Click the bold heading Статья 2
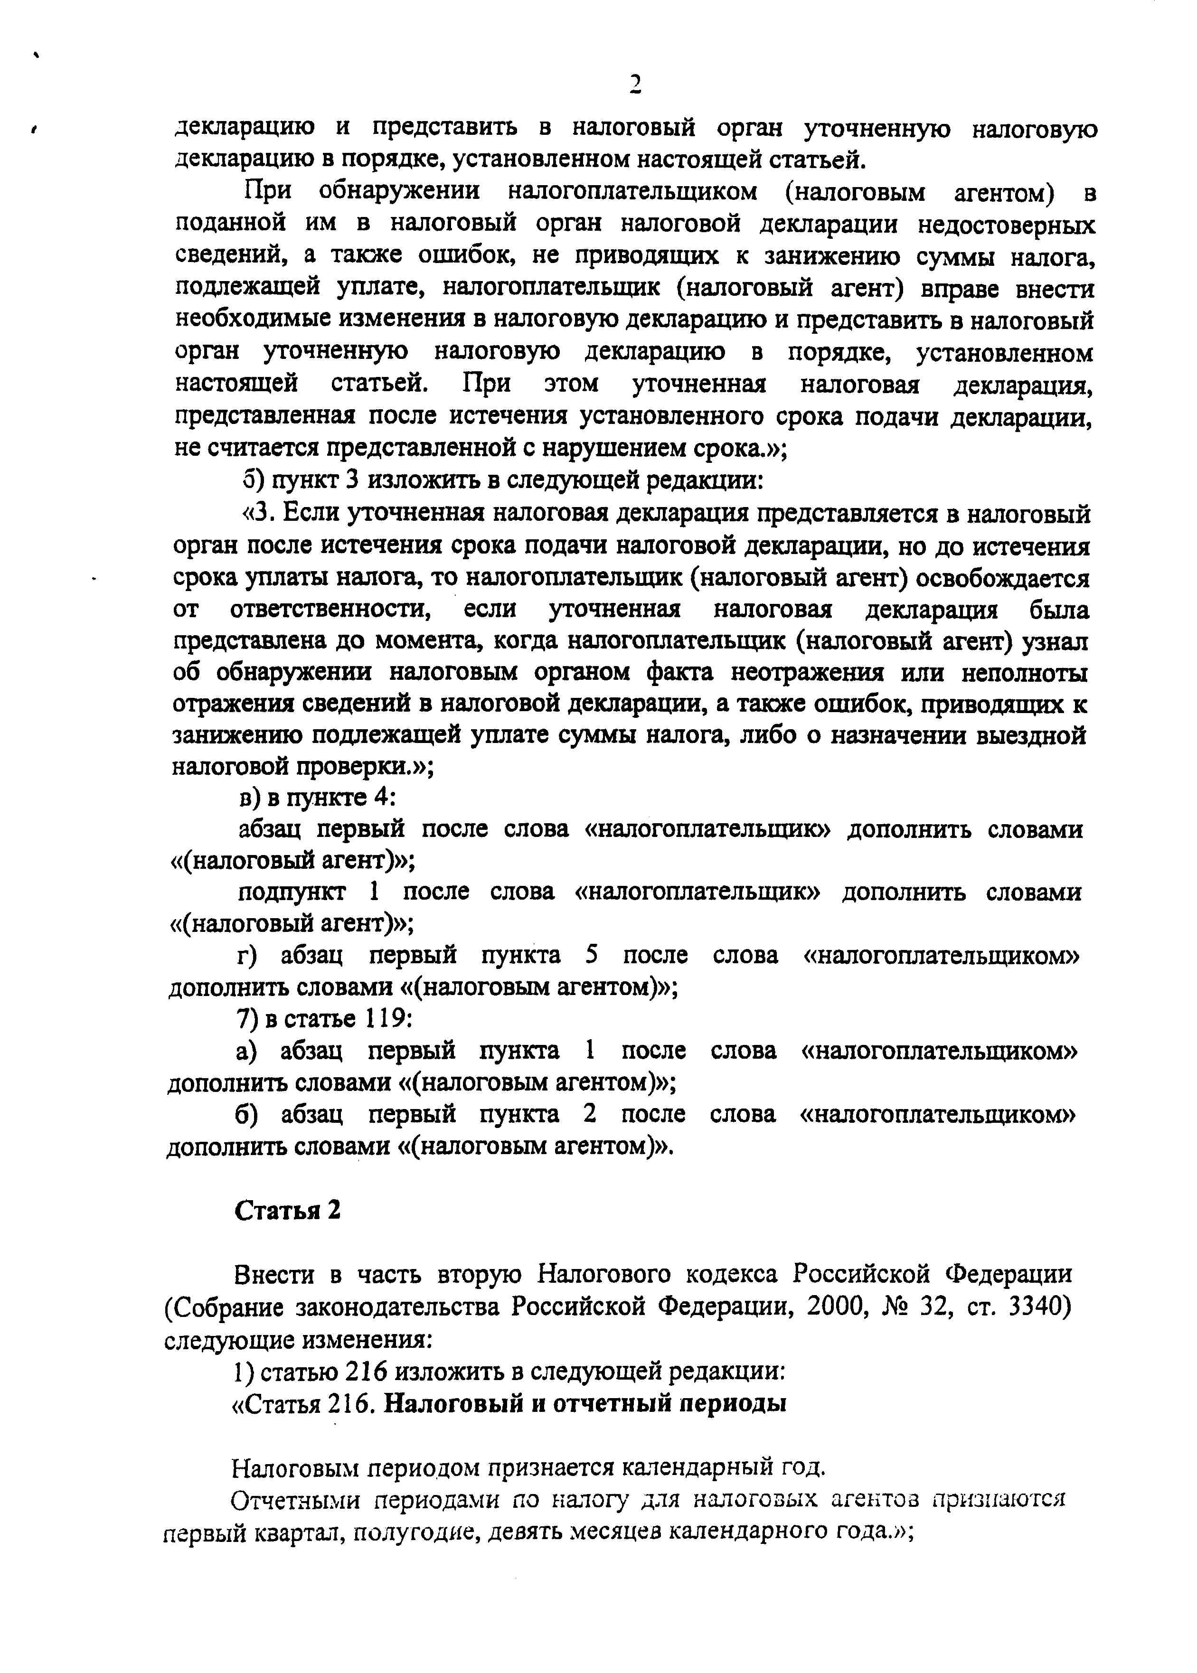click(287, 1210)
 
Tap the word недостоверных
click(1006, 224)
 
